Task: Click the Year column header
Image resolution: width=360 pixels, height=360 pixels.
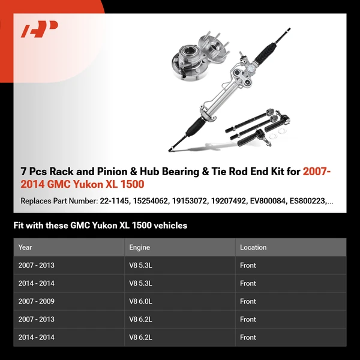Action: tap(25, 247)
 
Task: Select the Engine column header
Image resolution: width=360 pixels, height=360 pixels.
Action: tap(139, 247)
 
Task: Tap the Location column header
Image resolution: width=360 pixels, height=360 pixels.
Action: tap(253, 247)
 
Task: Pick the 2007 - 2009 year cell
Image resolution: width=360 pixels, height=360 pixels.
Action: tap(36, 301)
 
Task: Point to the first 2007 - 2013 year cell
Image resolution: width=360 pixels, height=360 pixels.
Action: tap(36, 265)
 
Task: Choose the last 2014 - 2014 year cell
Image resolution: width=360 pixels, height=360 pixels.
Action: tap(36, 337)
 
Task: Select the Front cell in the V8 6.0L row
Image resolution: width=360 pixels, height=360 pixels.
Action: tap(248, 301)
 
